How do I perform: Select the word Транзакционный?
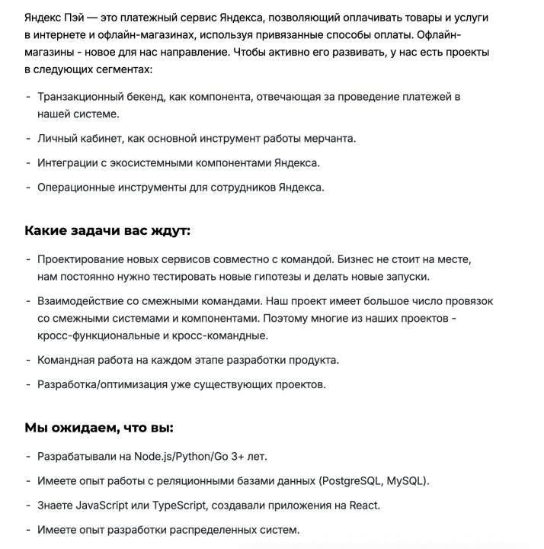81,98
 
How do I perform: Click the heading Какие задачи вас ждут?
107,230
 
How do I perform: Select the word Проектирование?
82,259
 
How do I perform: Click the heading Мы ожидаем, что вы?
100,426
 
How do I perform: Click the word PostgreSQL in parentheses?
350,481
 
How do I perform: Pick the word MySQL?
408,481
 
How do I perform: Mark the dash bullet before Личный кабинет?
28,139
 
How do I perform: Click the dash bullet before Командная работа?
28,360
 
